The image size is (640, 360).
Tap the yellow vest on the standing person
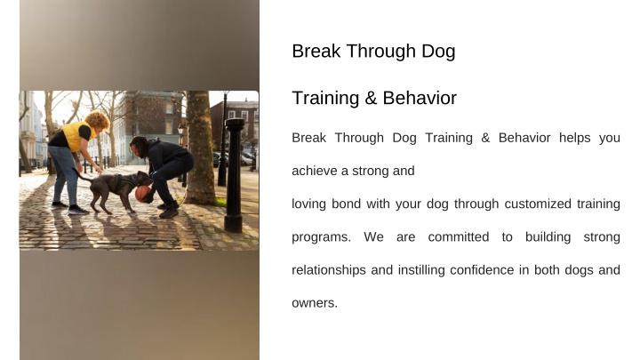click(76, 135)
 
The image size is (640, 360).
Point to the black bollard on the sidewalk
click(235, 175)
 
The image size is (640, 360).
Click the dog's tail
click(82, 175)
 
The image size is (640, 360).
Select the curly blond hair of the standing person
click(98, 120)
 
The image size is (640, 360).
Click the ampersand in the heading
click(371, 99)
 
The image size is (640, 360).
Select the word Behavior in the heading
click(420, 99)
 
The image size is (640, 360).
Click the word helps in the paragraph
click(575, 138)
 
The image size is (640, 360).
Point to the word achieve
click(315, 171)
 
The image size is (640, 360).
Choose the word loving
click(308, 204)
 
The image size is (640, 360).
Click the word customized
click(538, 204)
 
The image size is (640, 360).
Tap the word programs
click(321, 237)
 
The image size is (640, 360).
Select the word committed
click(459, 236)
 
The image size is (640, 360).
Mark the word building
click(548, 237)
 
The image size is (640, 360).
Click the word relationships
click(329, 270)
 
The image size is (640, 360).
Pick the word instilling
click(421, 270)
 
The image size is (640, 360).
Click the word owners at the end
click(315, 303)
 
